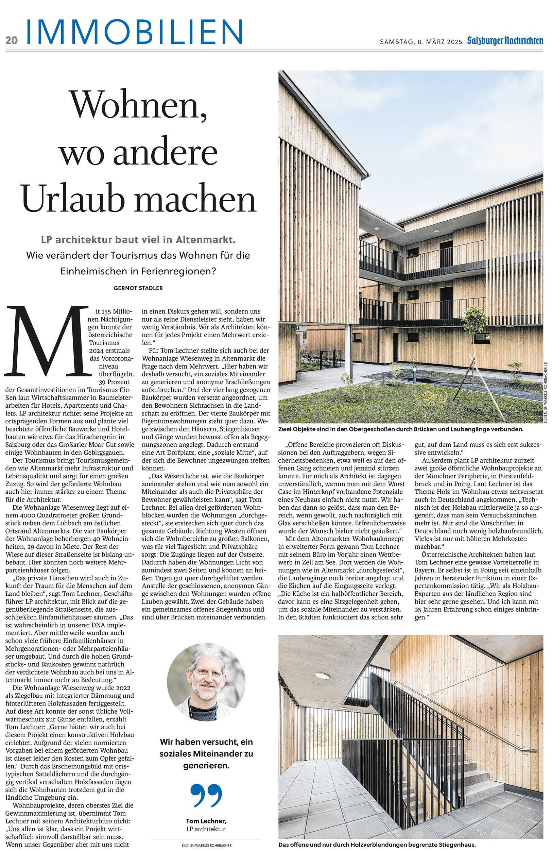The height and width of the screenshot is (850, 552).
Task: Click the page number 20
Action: pyautogui.click(x=12, y=40)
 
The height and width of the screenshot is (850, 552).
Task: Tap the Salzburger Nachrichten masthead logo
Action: pyautogui.click(x=505, y=41)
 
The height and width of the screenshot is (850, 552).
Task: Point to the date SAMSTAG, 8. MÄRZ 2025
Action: pyautogui.click(x=421, y=42)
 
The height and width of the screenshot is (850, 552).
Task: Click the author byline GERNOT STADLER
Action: pyautogui.click(x=138, y=288)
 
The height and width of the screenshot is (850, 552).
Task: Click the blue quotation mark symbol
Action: pyautogui.click(x=206, y=795)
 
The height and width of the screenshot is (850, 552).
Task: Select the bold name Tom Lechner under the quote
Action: pyautogui.click(x=206, y=821)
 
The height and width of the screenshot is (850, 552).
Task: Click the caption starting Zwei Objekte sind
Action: pyautogui.click(x=401, y=429)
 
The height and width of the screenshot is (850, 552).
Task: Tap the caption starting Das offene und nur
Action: pyautogui.click(x=377, y=845)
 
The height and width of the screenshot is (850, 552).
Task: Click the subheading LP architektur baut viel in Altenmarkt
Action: pyautogui.click(x=138, y=240)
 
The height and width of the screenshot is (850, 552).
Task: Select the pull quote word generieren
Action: pyautogui.click(x=206, y=765)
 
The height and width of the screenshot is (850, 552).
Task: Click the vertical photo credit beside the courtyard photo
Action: pyautogui.click(x=546, y=393)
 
